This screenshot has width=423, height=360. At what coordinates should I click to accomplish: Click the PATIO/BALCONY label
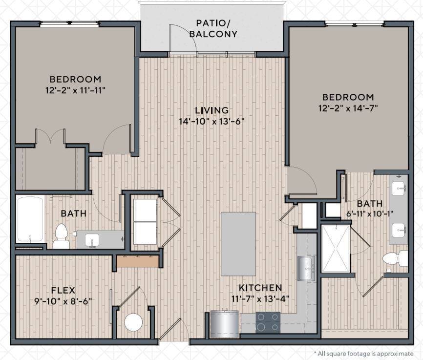tap(213, 28)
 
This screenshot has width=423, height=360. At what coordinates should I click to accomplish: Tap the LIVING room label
tap(212, 110)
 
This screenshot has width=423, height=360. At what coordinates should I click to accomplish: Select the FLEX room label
tap(63, 290)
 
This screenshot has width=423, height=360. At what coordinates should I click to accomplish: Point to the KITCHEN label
tap(260, 288)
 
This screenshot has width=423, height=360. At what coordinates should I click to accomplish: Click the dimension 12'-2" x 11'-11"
tap(75, 90)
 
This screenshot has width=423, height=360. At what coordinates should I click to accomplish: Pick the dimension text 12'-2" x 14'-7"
tap(348, 108)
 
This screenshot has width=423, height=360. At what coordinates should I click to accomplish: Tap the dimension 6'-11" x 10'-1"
tap(370, 214)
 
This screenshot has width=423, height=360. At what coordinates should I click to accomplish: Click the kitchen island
tap(238, 244)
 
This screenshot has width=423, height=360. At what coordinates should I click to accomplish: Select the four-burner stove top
tap(268, 322)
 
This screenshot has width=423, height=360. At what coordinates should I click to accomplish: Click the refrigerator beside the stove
tap(225, 324)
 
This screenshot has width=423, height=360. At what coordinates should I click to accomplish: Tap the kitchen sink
tap(306, 269)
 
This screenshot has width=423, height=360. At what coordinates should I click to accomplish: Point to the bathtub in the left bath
tap(30, 219)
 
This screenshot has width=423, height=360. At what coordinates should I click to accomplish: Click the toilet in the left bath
tap(61, 236)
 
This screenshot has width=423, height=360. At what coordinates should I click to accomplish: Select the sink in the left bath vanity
tap(92, 240)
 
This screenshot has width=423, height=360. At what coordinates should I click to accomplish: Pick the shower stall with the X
tap(336, 249)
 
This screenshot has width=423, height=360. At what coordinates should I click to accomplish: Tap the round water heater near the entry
tap(133, 322)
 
